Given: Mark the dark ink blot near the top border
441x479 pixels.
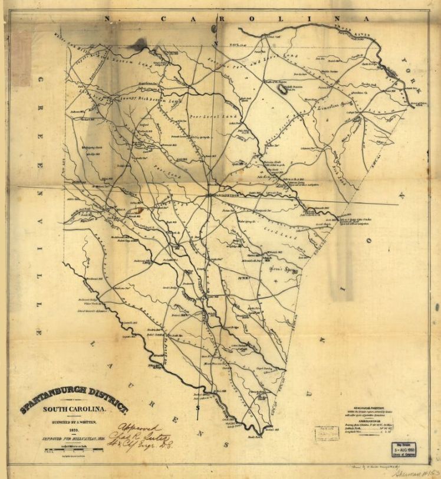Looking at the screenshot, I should pyautogui.click(x=140, y=44).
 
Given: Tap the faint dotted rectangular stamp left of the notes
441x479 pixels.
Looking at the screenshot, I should pyautogui.click(x=327, y=434).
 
